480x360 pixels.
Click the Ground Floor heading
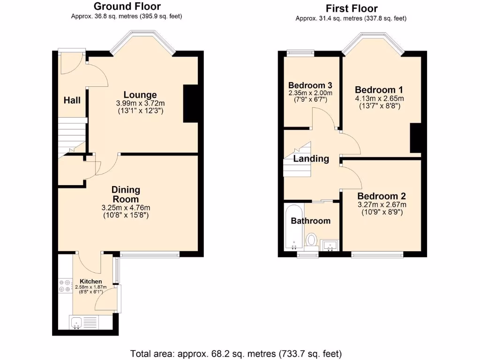point(127,7)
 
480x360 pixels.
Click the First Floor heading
point(351,8)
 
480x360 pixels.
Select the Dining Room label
point(126,195)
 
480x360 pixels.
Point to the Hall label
point(72,100)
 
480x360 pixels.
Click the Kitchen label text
point(90,281)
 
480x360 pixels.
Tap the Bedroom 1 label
point(379,90)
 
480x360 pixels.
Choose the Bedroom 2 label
point(382,196)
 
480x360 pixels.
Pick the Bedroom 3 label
point(310,85)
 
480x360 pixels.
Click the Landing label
point(311,158)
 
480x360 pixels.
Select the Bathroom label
point(310,220)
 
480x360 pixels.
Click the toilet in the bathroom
point(311,241)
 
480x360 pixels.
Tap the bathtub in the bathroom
point(293,227)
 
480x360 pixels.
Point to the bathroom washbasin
point(330,245)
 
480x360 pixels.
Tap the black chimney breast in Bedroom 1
point(415,138)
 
